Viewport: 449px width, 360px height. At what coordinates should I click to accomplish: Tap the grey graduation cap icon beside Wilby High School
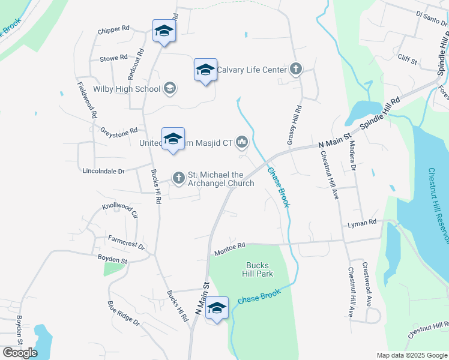point(170,89)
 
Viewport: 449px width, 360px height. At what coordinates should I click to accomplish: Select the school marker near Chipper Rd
point(164,31)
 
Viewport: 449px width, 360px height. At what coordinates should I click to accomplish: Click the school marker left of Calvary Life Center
point(205,70)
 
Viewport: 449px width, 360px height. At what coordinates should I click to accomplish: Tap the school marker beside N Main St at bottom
point(217,309)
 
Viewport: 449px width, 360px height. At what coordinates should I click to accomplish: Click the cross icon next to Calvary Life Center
point(295,70)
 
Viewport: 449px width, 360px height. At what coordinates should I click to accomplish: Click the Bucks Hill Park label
point(259,269)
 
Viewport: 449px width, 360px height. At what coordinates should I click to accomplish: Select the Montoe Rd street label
point(230,248)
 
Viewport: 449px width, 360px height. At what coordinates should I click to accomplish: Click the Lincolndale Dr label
point(104,171)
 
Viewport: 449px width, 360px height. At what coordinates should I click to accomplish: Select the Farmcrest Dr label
point(127,242)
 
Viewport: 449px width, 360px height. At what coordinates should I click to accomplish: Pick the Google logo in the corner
point(20,353)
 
